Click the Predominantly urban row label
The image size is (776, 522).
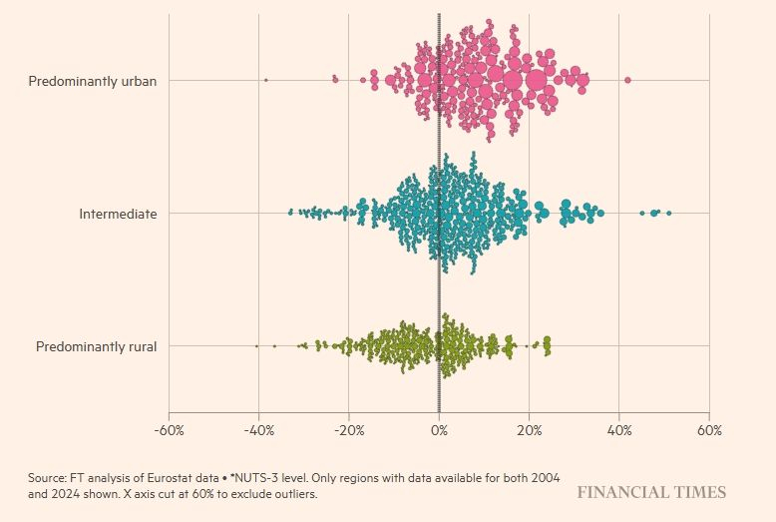(x=92, y=80)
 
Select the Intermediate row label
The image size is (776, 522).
(x=118, y=213)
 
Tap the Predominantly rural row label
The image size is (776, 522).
(x=96, y=346)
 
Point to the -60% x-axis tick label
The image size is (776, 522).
(x=169, y=430)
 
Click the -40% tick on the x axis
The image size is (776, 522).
(x=258, y=430)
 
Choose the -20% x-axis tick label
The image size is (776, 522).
(x=348, y=430)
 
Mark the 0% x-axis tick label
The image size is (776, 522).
(x=439, y=430)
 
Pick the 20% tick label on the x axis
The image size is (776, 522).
(x=530, y=430)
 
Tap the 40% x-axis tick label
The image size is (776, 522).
(x=619, y=430)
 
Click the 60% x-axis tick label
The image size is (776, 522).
(x=709, y=430)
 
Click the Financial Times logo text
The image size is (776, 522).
(x=650, y=492)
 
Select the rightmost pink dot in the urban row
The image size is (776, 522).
(x=627, y=80)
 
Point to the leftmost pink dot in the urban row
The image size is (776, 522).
(x=265, y=80)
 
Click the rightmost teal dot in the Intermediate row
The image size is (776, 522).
(x=668, y=213)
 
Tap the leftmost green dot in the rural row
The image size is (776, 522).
(x=256, y=346)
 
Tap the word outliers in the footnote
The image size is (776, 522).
(x=291, y=494)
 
